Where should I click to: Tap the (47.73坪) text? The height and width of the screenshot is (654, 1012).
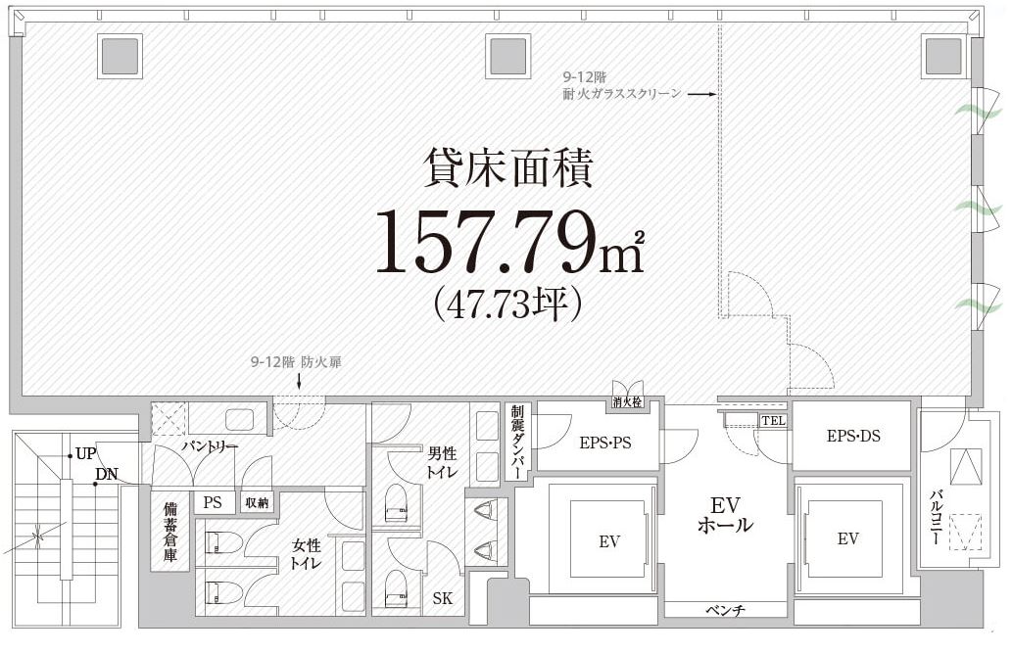click(509, 304)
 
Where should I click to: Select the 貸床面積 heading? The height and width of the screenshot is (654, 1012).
click(507, 168)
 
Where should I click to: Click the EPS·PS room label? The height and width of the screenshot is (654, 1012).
click(604, 444)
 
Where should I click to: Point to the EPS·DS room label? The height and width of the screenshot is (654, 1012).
click(853, 437)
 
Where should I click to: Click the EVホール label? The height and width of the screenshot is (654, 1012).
click(725, 515)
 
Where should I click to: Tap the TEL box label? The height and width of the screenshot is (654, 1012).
click(773, 421)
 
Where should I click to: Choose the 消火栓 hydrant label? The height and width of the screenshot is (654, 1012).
click(627, 402)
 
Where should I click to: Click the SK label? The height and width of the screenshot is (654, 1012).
click(443, 598)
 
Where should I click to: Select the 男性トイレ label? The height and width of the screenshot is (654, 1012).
click(442, 462)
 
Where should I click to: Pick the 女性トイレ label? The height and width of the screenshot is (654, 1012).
click(307, 554)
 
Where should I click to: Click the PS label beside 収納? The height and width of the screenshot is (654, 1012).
click(213, 502)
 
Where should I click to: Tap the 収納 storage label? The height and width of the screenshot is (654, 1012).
click(257, 502)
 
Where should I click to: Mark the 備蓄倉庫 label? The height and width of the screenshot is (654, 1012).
click(170, 532)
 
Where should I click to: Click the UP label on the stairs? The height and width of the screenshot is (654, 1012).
click(86, 454)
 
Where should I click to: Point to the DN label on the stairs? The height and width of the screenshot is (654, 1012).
click(107, 475)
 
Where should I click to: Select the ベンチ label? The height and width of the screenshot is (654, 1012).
click(725, 610)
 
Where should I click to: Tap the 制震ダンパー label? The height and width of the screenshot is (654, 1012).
click(517, 442)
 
